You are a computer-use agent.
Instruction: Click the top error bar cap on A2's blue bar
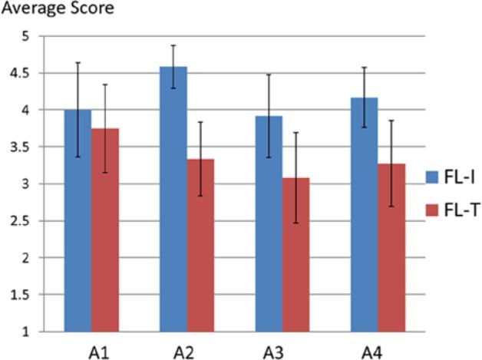173,45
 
